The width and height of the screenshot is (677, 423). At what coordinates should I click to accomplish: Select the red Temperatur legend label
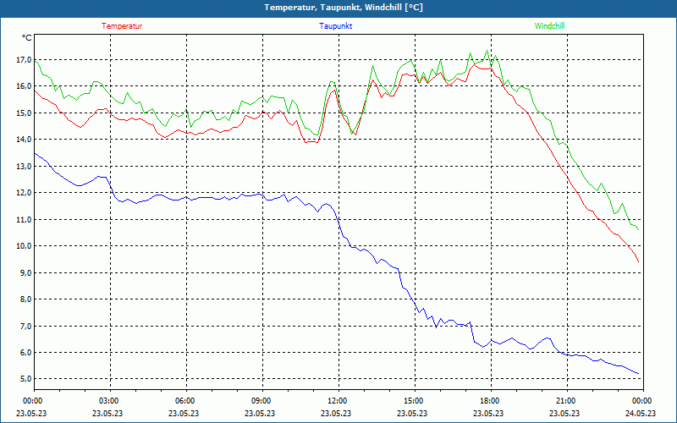click(x=122, y=26)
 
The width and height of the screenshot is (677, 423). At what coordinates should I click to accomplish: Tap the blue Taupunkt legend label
click(x=336, y=26)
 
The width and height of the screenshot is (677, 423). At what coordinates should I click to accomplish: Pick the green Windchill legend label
click(x=550, y=26)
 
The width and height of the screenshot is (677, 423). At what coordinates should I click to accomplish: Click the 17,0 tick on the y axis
click(x=23, y=60)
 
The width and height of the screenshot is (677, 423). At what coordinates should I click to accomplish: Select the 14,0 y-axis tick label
click(x=23, y=140)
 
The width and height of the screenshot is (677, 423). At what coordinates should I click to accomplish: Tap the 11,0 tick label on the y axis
click(x=23, y=220)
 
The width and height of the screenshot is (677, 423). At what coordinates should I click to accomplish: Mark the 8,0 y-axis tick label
click(x=23, y=299)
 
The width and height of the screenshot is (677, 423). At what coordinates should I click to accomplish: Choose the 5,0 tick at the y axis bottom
click(x=23, y=379)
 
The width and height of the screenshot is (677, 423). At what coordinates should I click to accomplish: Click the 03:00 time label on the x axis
click(x=109, y=401)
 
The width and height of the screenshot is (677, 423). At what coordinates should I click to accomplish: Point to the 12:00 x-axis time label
click(x=337, y=401)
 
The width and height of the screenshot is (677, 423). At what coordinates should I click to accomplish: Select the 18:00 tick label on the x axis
click(x=489, y=401)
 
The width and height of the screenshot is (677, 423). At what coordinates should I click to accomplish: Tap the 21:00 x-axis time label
click(x=565, y=401)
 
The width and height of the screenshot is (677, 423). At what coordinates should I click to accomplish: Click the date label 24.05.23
click(x=641, y=414)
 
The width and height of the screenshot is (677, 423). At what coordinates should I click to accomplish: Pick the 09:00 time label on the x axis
click(x=261, y=401)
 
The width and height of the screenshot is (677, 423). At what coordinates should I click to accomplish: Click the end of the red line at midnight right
click(x=639, y=261)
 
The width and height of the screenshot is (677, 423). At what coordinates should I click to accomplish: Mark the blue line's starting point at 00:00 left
click(x=35, y=153)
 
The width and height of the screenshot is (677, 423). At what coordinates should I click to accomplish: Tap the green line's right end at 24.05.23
click(x=638, y=230)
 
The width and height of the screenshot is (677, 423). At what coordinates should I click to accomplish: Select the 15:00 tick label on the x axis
click(x=413, y=401)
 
